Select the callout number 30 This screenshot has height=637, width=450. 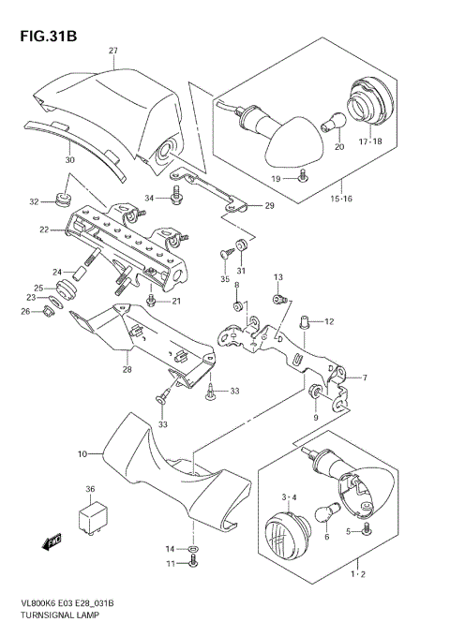68,159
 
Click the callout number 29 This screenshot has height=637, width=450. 269,205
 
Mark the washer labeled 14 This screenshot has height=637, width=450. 193,548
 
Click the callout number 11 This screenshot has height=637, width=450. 170,563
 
